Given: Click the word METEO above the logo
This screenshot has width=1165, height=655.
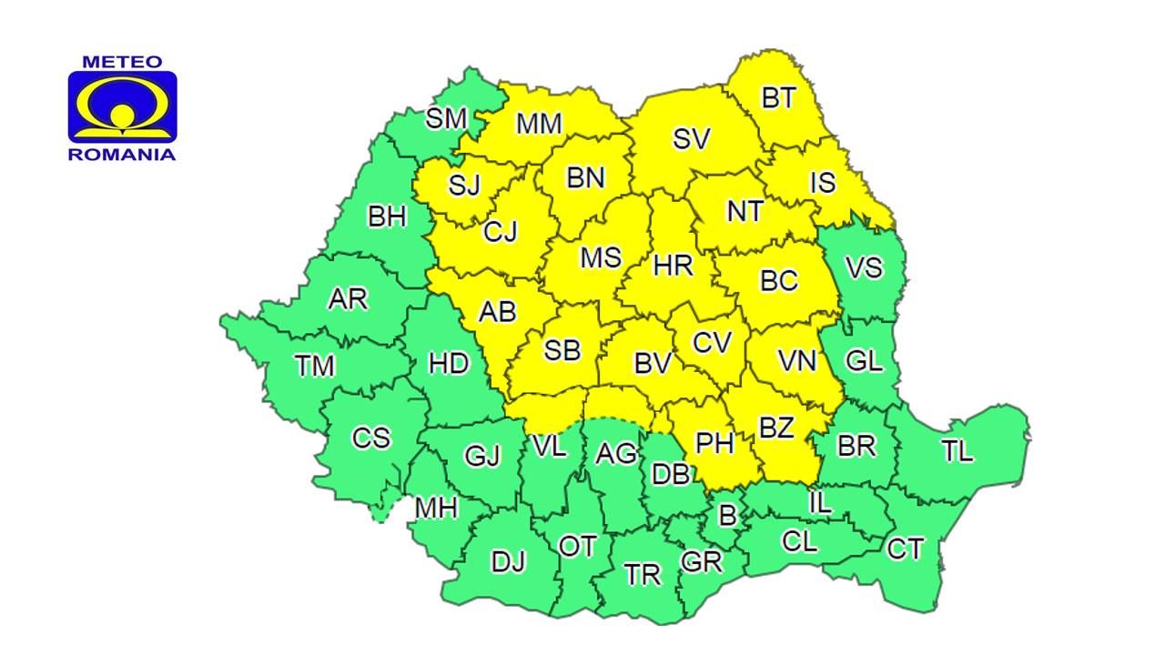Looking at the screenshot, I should (x=122, y=62).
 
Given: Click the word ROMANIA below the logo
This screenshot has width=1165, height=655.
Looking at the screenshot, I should (x=122, y=155).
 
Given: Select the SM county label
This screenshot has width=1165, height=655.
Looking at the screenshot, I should (x=446, y=118).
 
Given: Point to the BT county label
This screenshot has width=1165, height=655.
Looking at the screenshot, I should (x=778, y=97).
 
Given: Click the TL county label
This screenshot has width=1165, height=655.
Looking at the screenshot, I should (x=957, y=450).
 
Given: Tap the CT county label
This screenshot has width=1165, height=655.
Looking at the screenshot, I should (x=905, y=549).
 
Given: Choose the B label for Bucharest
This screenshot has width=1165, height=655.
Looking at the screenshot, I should (x=727, y=516).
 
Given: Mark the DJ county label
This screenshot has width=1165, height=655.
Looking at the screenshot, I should (x=509, y=561).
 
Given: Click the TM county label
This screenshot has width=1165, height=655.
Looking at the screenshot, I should (x=315, y=366).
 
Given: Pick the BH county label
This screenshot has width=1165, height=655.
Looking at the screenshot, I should (x=387, y=217).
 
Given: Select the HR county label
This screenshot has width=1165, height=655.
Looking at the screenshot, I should (x=674, y=266).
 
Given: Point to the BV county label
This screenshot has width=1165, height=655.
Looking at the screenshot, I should (x=653, y=364).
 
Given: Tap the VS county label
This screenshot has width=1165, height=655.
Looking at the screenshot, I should (x=864, y=267).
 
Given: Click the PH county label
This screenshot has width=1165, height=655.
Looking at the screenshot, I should (x=714, y=443).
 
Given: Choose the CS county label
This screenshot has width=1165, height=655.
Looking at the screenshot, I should (x=371, y=438).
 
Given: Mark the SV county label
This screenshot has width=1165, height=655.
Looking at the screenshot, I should (x=692, y=139).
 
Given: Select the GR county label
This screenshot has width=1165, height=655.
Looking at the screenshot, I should (x=702, y=561).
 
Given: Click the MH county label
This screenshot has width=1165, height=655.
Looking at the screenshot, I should (x=436, y=509).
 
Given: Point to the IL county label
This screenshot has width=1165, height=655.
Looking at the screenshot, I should (x=820, y=502).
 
